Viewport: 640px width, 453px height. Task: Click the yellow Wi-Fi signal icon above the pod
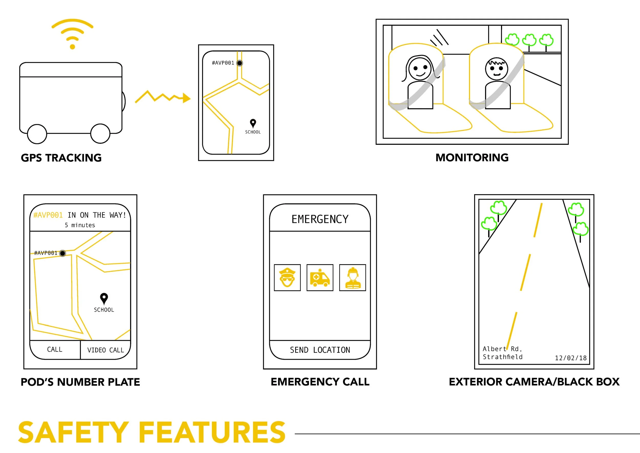[72, 34]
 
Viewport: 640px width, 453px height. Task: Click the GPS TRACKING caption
[61, 158]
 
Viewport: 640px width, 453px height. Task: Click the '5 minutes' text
[80, 225]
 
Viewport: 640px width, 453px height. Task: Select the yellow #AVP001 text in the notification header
[48, 215]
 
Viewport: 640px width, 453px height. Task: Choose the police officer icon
[287, 277]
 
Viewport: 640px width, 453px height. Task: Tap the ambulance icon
[320, 277]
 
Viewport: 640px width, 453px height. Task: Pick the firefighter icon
[353, 277]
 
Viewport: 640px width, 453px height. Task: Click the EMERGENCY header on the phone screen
[320, 219]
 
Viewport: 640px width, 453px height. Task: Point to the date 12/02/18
[571, 358]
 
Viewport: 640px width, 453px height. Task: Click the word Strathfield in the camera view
[503, 357]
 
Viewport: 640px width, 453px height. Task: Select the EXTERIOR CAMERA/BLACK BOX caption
[534, 382]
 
